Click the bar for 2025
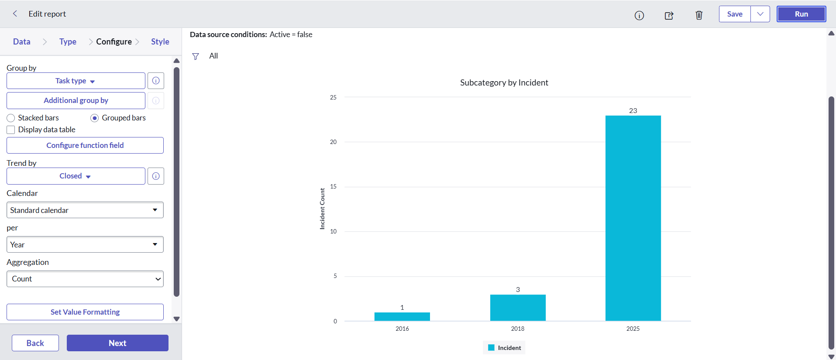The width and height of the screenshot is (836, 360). (x=633, y=218)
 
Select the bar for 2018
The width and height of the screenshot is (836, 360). (x=518, y=308)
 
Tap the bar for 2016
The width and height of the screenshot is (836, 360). (x=402, y=317)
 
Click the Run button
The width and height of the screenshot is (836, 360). (x=801, y=14)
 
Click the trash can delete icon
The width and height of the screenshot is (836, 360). (x=699, y=15)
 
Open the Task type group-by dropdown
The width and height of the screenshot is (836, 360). (x=76, y=81)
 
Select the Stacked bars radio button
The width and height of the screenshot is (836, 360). (x=11, y=118)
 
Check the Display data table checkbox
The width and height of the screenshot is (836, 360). (x=11, y=130)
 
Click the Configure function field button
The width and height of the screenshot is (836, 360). (x=85, y=145)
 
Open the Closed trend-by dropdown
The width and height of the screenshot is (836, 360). (x=76, y=176)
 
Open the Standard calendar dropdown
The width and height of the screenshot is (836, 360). (x=85, y=210)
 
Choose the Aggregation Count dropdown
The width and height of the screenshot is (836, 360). (x=85, y=279)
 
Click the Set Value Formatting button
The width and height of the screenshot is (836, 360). (x=85, y=312)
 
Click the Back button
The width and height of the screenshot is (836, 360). (x=35, y=343)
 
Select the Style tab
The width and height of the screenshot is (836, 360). (x=160, y=41)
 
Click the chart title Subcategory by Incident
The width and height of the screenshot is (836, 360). (x=504, y=82)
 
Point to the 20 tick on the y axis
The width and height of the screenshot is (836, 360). (x=334, y=142)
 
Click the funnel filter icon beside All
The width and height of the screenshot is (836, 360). (x=196, y=56)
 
